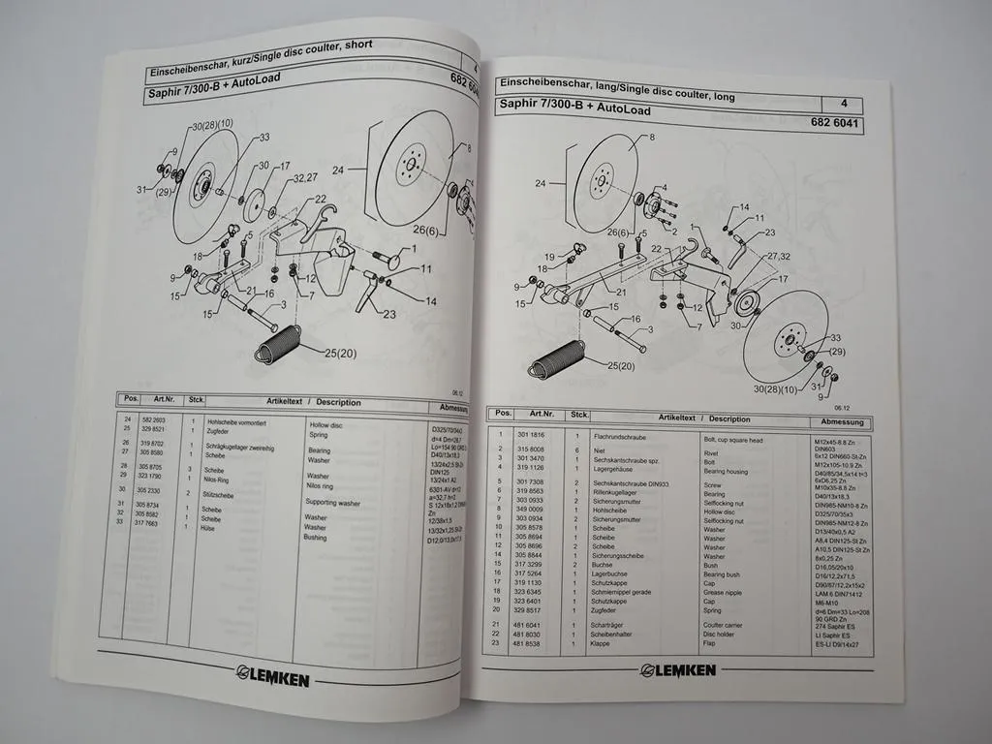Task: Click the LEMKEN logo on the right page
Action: click(x=677, y=669)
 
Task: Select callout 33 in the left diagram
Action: click(x=263, y=137)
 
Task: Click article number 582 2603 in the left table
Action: click(x=154, y=418)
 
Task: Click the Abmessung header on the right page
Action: click(x=842, y=422)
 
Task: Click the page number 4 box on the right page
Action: click(x=844, y=104)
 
